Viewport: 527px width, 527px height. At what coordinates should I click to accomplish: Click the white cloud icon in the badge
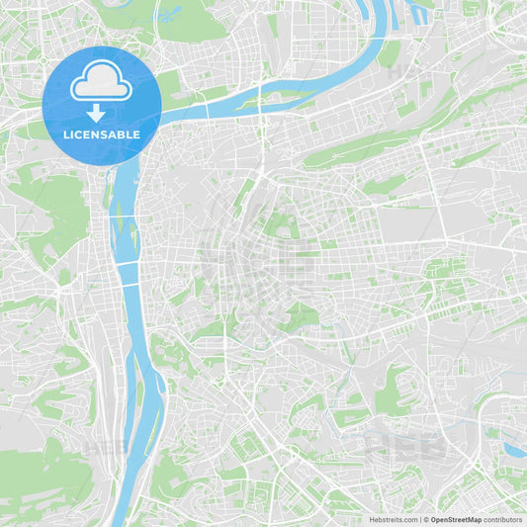pyautogui.click(x=101, y=85)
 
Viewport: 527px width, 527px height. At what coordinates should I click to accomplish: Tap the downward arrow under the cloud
pyautogui.click(x=96, y=114)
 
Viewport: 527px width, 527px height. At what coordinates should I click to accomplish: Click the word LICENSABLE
pyautogui.click(x=101, y=133)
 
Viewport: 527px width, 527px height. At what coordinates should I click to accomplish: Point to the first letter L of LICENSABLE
pyautogui.click(x=66, y=133)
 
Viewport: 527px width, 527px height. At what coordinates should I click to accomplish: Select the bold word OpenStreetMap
pyautogui.click(x=456, y=519)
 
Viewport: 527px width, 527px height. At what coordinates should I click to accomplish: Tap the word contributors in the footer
pyautogui.click(x=503, y=519)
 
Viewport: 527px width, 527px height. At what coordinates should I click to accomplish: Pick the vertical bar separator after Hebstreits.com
pyautogui.click(x=420, y=519)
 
